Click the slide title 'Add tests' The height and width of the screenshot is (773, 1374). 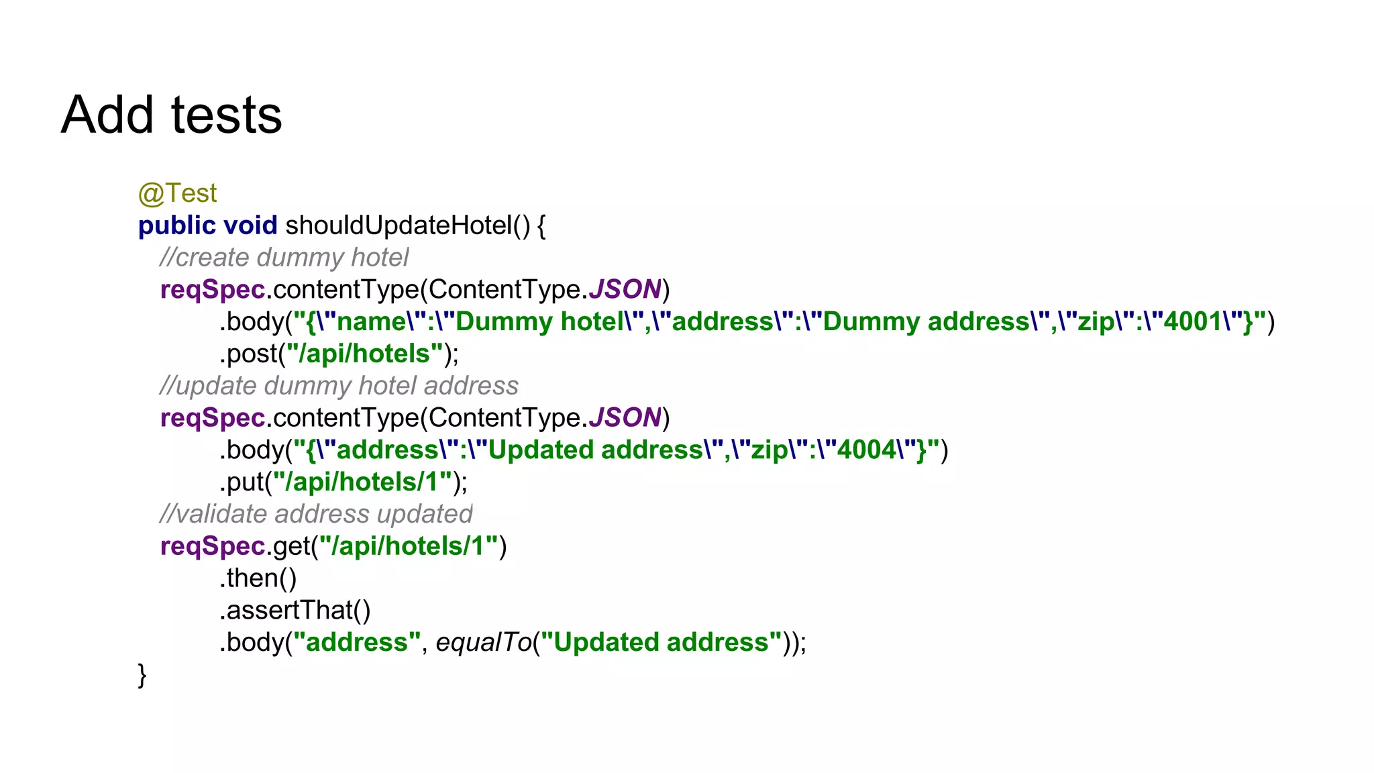tap(171, 115)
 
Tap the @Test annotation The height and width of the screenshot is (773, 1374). tap(177, 194)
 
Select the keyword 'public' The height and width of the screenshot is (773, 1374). tap(176, 226)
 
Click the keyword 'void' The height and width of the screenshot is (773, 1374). tap(250, 226)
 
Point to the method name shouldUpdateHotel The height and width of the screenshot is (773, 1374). tap(399, 226)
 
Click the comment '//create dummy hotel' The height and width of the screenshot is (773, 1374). tap(284, 258)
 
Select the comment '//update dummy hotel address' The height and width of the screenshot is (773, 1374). tap(339, 386)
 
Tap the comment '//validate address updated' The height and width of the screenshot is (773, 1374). tap(316, 514)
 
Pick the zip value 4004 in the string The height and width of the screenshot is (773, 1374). tap(866, 450)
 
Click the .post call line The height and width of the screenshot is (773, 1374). tap(339, 354)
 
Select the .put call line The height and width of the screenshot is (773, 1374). tap(343, 482)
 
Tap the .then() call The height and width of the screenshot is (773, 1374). tap(258, 578)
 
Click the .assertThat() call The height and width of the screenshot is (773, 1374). tap(295, 611)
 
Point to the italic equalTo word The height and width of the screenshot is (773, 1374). tap(484, 643)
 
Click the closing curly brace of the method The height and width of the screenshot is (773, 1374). tap(142, 675)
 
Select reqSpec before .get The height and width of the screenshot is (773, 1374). tap(213, 547)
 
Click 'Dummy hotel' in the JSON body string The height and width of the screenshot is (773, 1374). tap(540, 322)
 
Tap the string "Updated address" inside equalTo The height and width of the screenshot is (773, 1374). tap(661, 643)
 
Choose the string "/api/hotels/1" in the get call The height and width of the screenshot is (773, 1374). tap(409, 547)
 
